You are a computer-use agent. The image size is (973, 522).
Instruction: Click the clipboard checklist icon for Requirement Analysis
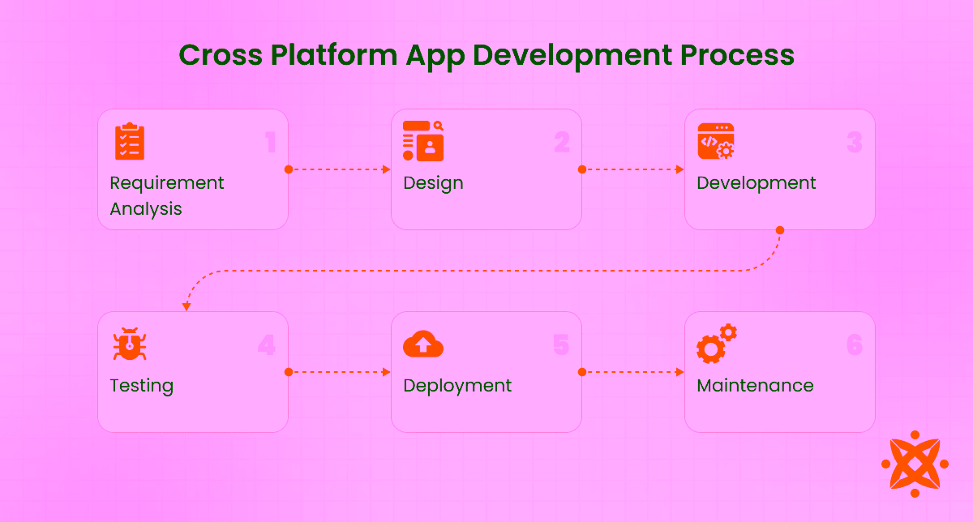pyautogui.click(x=129, y=142)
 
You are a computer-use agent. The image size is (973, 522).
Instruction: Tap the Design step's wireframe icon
pyautogui.click(x=423, y=141)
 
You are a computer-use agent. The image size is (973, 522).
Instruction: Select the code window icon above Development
pyautogui.click(x=716, y=141)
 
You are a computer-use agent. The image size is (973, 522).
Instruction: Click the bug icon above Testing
pyautogui.click(x=129, y=344)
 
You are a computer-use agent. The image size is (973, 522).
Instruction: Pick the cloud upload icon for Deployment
pyautogui.click(x=423, y=344)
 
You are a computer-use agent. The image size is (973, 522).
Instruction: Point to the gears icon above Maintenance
pyautogui.click(x=716, y=343)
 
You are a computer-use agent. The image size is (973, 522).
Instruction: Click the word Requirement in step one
pyautogui.click(x=167, y=183)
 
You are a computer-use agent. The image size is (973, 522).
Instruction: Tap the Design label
pyautogui.click(x=434, y=183)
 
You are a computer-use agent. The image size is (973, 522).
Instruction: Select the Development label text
pyautogui.click(x=757, y=183)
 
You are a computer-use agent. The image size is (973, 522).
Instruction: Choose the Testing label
pyautogui.click(x=142, y=386)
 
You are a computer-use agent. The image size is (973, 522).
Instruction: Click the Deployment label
pyautogui.click(x=457, y=386)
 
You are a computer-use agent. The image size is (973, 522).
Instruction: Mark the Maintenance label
pyautogui.click(x=755, y=386)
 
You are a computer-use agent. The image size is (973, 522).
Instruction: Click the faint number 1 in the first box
pyautogui.click(x=271, y=143)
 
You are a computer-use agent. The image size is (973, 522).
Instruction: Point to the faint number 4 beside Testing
pyautogui.click(x=267, y=345)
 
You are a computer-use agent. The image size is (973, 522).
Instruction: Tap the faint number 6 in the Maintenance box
pyautogui.click(x=855, y=345)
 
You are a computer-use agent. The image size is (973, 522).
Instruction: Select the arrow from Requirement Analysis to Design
pyautogui.click(x=340, y=169)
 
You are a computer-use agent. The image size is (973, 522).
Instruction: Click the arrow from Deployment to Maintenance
pyautogui.click(x=633, y=372)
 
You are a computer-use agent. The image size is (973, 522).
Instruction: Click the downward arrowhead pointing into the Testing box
pyautogui.click(x=186, y=306)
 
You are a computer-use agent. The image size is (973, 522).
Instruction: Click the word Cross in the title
pyautogui.click(x=221, y=55)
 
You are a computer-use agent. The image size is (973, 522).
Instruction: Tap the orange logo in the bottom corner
pyautogui.click(x=915, y=464)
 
